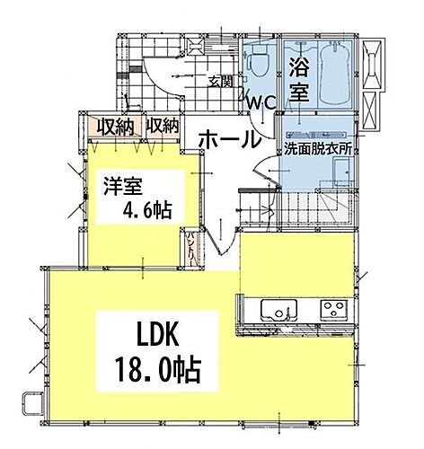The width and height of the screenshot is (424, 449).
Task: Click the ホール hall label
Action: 229,140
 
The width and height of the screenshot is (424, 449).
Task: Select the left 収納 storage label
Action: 115,126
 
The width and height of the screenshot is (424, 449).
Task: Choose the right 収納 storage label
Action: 162,125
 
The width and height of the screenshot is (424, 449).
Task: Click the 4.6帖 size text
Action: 148,210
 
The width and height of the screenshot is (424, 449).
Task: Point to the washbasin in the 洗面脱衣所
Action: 271,171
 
